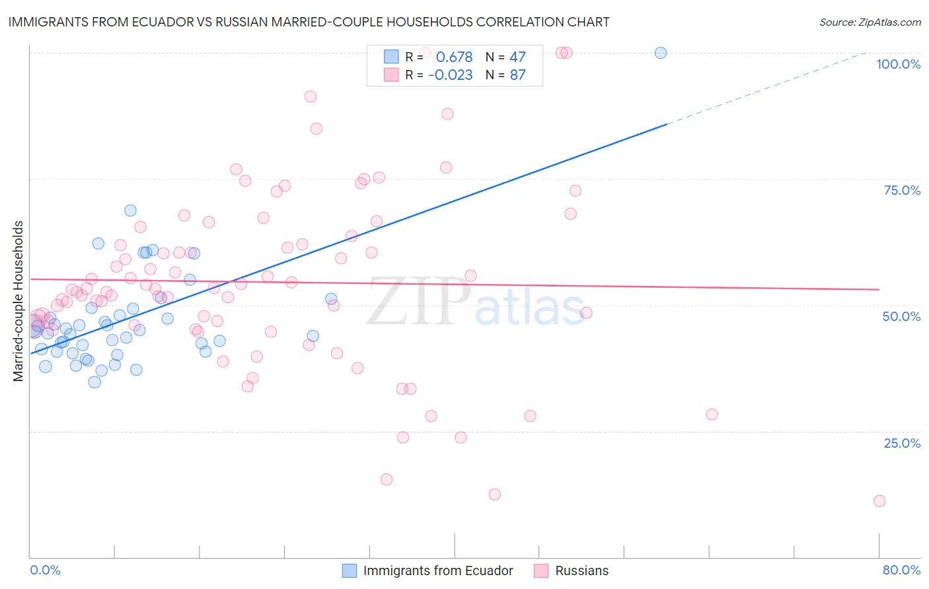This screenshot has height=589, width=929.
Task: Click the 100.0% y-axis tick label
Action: click(898, 64)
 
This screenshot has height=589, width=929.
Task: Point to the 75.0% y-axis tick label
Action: click(902, 190)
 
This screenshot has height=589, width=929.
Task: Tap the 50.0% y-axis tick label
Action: click(901, 316)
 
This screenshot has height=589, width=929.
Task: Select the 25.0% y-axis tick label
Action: click(902, 442)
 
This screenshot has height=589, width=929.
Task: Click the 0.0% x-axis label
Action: click(45, 570)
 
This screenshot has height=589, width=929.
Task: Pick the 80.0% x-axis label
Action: click(901, 570)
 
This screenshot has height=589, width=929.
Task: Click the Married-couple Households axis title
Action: click(19, 300)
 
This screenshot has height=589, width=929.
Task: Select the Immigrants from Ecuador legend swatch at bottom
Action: click(350, 571)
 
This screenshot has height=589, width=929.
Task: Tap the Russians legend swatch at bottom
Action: click(541, 571)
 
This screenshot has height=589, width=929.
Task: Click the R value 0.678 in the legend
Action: click(454, 57)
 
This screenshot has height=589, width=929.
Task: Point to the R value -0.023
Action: click(450, 75)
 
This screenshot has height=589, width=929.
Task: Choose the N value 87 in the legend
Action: click(517, 75)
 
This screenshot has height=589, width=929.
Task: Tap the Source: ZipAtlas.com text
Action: click(870, 22)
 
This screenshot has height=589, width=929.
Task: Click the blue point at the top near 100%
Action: click(660, 53)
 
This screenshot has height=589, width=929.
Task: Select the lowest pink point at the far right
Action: click(879, 501)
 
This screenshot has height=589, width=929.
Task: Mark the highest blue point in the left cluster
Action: click(130, 210)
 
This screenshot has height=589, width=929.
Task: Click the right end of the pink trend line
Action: click(879, 289)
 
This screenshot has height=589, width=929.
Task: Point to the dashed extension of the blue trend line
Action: click(766, 87)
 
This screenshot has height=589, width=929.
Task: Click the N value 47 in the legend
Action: click(517, 57)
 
